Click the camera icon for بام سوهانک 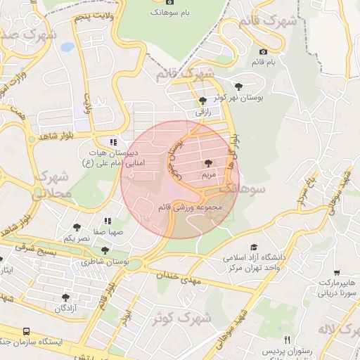(155, 11)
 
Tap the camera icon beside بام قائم (264, 51)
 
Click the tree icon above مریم (207, 162)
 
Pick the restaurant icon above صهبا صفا (108, 221)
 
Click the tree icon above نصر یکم (77, 227)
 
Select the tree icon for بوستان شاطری (105, 250)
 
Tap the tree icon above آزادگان (65, 297)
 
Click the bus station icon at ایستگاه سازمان (26, 330)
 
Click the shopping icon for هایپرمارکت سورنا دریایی (338, 272)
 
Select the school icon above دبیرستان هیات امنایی (114, 141)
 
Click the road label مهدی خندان (185, 279)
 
